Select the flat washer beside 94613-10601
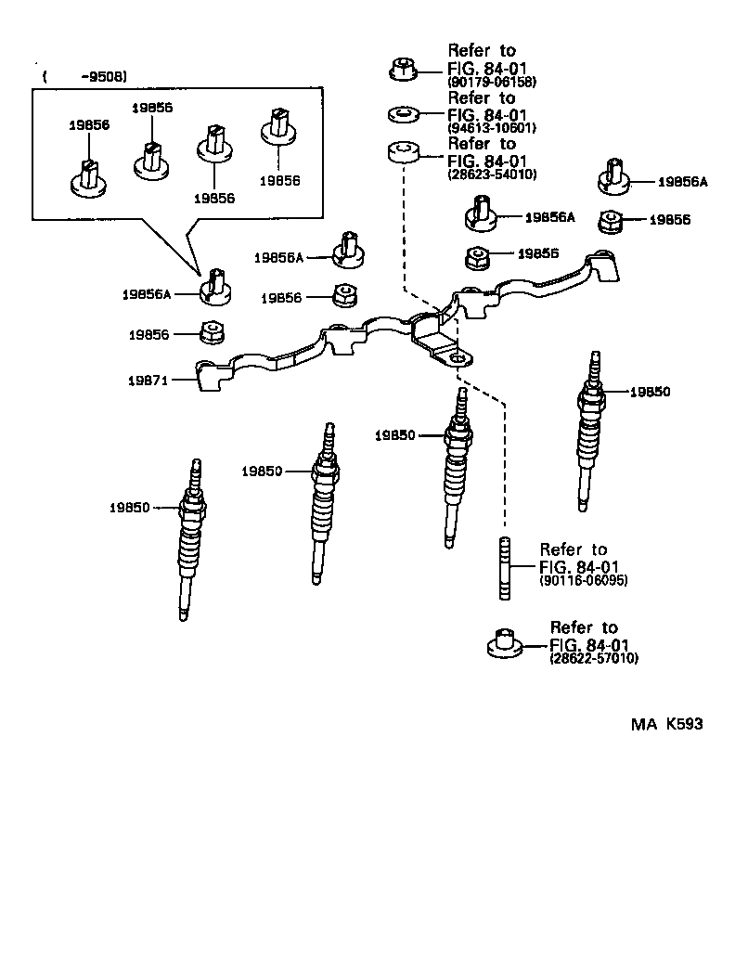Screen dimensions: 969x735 (401, 114)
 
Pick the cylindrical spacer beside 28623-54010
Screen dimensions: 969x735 (401, 151)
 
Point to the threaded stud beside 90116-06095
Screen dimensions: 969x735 (507, 570)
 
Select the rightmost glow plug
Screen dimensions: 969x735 (588, 432)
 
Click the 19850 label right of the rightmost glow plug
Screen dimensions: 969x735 (650, 392)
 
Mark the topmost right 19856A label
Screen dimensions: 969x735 (682, 182)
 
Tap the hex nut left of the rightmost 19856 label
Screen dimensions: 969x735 (610, 221)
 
